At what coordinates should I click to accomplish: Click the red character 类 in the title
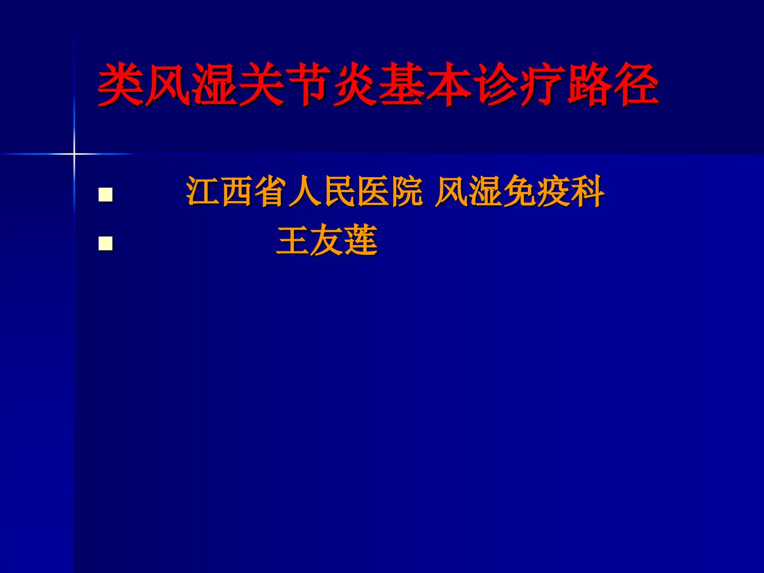point(120,84)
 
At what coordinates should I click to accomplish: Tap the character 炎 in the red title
point(355,84)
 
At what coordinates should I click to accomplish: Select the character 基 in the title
point(402,84)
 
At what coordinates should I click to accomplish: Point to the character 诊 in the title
point(496,84)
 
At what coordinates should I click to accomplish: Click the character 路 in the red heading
point(589,84)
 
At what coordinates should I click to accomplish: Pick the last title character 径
point(636,84)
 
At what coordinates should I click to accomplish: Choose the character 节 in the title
point(308,84)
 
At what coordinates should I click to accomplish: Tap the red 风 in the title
point(168,84)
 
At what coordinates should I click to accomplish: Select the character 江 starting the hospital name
point(203,192)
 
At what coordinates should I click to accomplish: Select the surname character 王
point(292,240)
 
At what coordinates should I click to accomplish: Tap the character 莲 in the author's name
point(361,240)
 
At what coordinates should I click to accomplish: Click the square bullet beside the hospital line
point(106,195)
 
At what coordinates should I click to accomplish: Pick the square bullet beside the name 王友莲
point(106,244)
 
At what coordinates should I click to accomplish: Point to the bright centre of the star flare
point(74,153)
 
